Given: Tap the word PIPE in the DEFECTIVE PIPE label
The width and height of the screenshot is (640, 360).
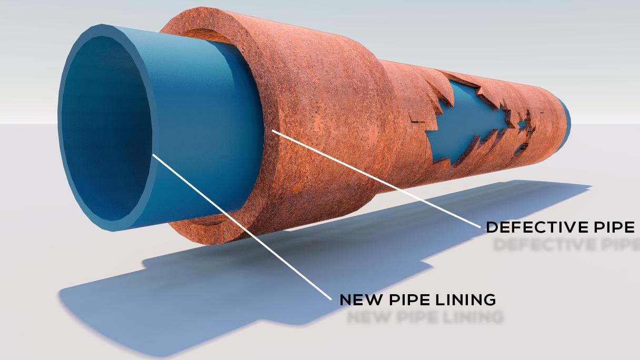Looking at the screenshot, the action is click(x=615, y=227).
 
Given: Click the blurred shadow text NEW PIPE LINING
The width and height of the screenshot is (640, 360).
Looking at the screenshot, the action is click(x=425, y=317).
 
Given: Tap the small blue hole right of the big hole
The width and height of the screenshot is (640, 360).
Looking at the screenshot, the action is click(x=522, y=126).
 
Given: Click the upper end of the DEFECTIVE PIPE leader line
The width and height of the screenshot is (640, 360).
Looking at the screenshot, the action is click(x=273, y=130).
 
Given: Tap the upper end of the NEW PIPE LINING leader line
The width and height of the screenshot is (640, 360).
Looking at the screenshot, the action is click(x=154, y=155).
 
